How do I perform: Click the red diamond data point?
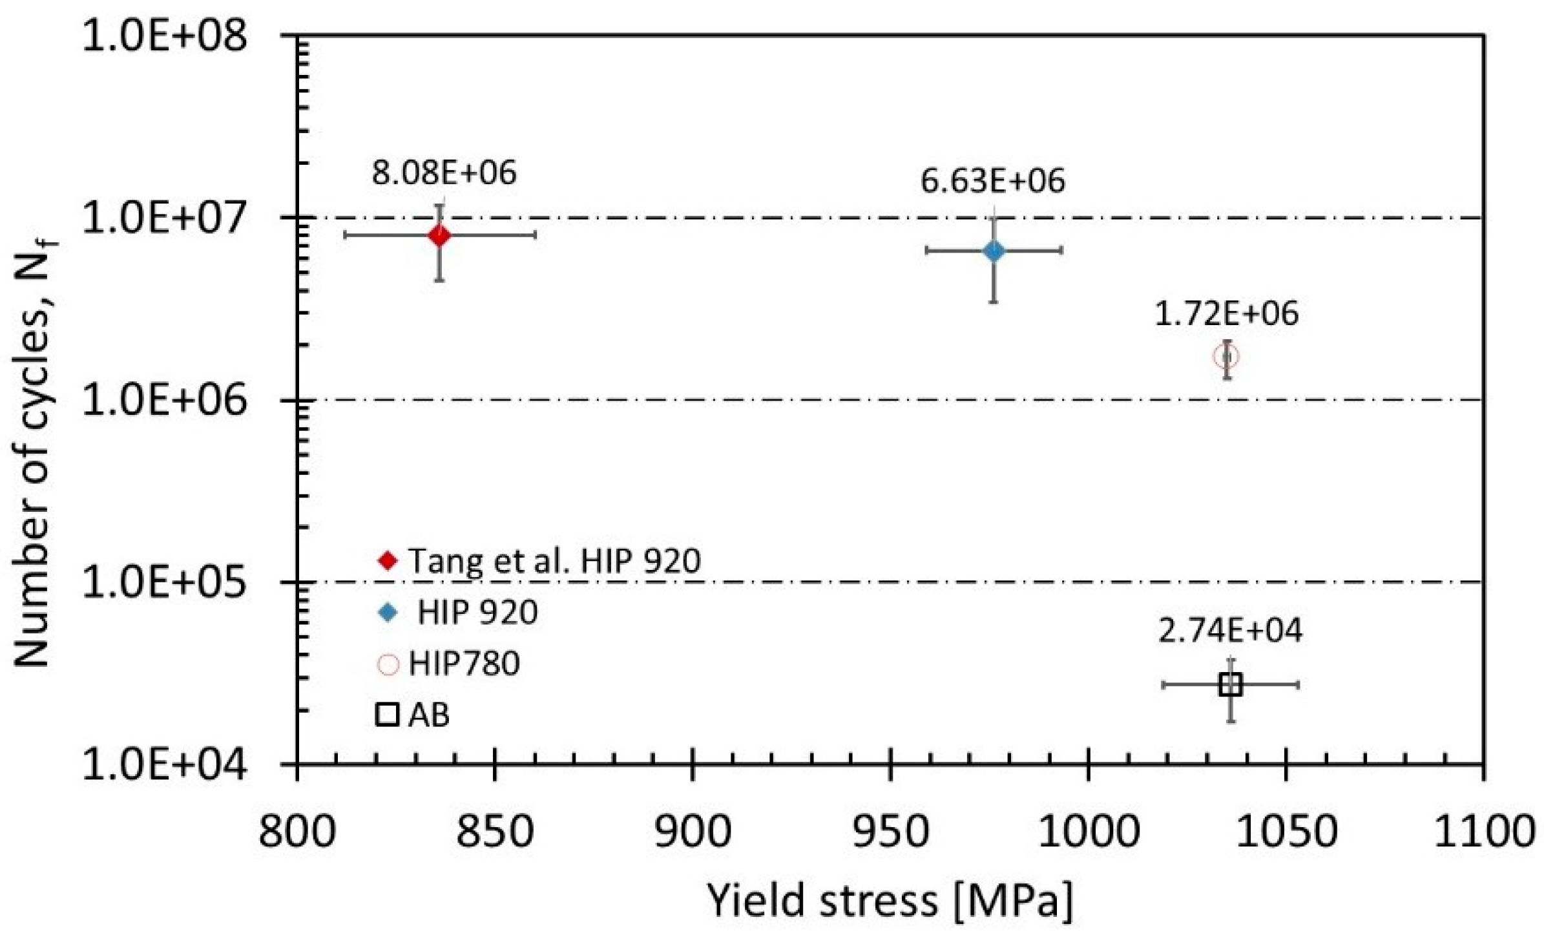click(x=439, y=236)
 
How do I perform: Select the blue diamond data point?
click(x=994, y=251)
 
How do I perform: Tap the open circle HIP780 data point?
click(x=1226, y=356)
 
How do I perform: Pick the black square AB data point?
click(x=1231, y=684)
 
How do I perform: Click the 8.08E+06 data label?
click(x=444, y=173)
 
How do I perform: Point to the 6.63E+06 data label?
click(x=992, y=181)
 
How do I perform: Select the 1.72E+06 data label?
click(x=1226, y=314)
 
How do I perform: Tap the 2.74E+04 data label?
click(x=1230, y=631)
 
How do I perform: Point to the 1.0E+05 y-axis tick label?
click(x=165, y=583)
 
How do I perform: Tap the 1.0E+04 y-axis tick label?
click(x=165, y=766)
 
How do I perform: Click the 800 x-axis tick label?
click(x=297, y=832)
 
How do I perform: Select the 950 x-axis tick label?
click(x=890, y=832)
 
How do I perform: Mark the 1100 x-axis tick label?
click(x=1483, y=832)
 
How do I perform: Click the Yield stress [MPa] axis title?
click(x=890, y=900)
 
